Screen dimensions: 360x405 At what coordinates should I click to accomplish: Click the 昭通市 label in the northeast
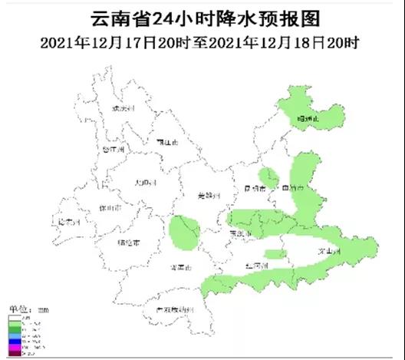click(310, 119)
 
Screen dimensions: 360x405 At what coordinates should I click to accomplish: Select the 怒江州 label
click(112, 149)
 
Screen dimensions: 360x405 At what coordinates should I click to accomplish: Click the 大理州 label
click(144, 183)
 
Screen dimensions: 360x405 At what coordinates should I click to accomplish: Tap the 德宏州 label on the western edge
click(70, 223)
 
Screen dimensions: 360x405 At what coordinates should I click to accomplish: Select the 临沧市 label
click(128, 243)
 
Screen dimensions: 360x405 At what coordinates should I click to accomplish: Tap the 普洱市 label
click(182, 266)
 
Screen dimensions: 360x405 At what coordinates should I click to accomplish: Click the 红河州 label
click(256, 266)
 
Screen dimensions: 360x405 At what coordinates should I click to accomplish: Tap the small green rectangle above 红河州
click(275, 254)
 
